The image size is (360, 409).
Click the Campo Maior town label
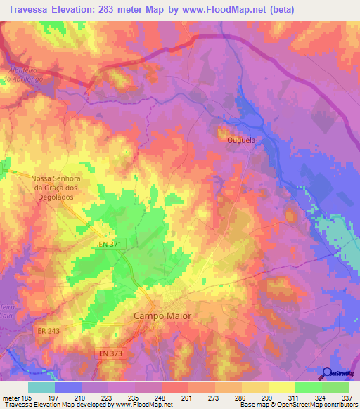pyautogui.click(x=162, y=316)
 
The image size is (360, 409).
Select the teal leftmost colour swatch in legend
pyautogui.click(x=41, y=387)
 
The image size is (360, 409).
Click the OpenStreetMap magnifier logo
pyautogui.click(x=327, y=373)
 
